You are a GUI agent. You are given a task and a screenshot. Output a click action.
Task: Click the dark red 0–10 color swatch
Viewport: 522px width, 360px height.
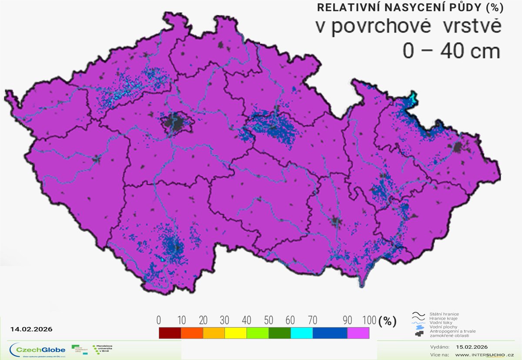170,333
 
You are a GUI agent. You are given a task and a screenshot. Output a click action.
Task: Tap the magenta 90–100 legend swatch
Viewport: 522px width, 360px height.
358,333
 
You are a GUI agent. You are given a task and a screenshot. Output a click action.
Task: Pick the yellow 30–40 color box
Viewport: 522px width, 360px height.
235,333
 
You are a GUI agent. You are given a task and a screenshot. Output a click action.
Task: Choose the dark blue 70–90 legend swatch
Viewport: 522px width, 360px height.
330,333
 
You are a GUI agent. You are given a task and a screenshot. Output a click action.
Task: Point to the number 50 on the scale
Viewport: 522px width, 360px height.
268,321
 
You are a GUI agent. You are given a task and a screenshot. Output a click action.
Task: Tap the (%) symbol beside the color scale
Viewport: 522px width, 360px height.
388,321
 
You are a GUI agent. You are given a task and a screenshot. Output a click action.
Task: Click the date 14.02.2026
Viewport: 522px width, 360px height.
31,329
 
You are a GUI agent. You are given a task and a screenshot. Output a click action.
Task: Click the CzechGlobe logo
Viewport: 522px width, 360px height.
38,350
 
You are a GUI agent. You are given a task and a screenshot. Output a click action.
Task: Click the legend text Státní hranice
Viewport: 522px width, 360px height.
444,314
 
